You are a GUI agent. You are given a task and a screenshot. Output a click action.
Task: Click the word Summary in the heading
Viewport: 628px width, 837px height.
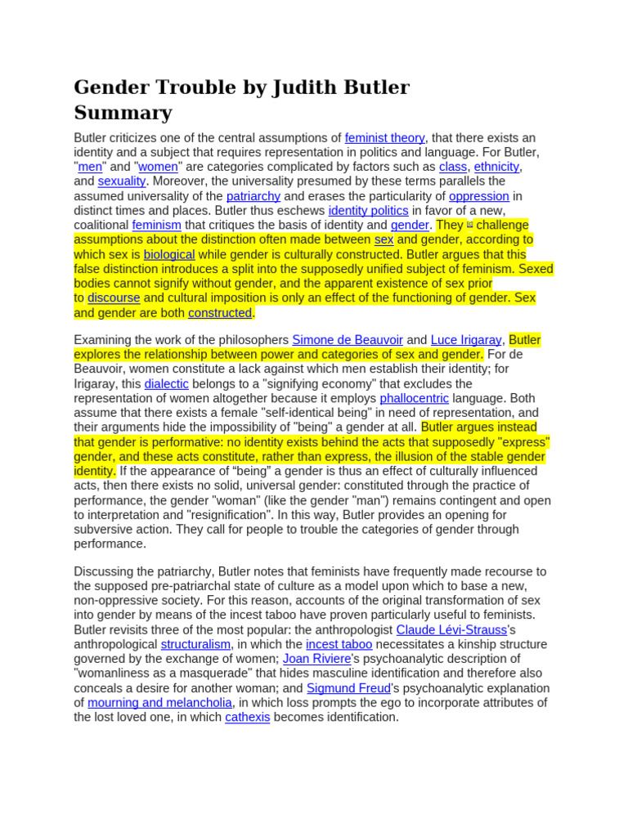tap(123, 113)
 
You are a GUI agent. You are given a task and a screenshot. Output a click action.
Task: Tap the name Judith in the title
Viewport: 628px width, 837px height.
tap(312, 87)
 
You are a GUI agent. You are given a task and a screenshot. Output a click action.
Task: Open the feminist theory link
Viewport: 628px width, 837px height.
tap(384, 137)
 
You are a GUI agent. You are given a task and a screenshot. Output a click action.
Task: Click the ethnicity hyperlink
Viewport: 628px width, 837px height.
tap(496, 167)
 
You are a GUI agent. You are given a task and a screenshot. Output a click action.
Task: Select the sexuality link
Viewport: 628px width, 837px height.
tap(122, 181)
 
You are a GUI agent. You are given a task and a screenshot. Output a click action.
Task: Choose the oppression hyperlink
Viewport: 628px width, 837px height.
tap(479, 196)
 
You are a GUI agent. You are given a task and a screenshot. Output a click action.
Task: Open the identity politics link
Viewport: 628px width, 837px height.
tap(368, 211)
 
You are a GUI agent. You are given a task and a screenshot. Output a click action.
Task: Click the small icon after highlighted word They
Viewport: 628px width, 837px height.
tap(470, 225)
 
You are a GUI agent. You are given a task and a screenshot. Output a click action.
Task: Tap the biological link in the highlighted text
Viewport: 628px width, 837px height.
tap(169, 254)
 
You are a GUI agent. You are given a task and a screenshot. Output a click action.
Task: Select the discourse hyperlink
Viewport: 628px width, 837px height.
tap(114, 298)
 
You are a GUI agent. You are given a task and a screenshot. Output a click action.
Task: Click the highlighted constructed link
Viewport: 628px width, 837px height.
tap(220, 312)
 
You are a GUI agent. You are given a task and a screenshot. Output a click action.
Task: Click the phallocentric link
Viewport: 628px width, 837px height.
tap(414, 398)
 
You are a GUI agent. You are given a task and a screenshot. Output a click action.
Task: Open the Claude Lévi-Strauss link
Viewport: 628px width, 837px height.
tap(451, 629)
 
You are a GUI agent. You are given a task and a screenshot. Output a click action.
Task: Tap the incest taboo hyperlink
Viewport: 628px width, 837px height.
tap(339, 644)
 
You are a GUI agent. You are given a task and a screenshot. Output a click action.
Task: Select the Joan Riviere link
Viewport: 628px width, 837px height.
tap(316, 659)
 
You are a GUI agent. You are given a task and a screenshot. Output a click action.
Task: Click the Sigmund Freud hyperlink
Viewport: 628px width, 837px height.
tap(348, 688)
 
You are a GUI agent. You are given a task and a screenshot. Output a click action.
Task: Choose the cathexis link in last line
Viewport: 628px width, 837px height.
tap(247, 717)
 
